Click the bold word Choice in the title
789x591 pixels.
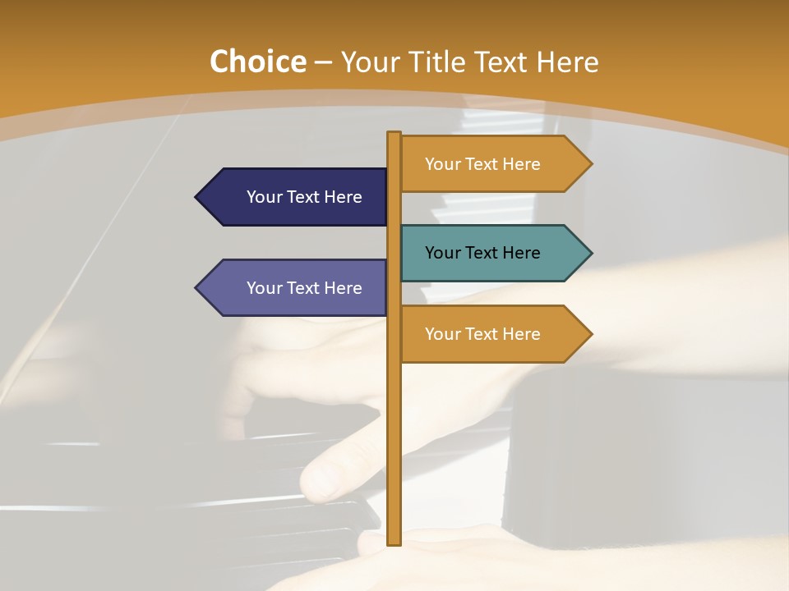[257, 62]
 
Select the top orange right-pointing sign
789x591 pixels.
[493, 164]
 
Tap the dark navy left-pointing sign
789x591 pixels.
[296, 197]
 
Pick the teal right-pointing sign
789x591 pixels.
[493, 253]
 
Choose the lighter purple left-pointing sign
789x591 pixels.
[296, 288]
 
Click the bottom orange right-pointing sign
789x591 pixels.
[493, 334]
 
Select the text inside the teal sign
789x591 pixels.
[482, 253]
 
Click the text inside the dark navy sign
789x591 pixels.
[304, 197]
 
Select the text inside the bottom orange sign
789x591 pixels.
[482, 334]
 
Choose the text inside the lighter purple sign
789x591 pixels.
[304, 288]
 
